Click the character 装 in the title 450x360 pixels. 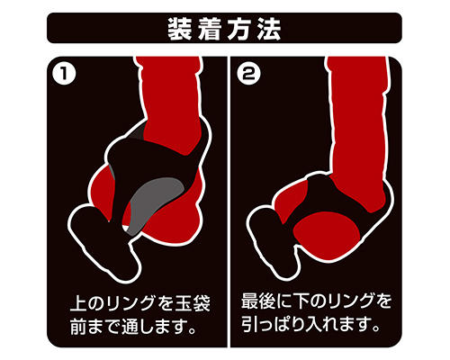(x=180, y=29)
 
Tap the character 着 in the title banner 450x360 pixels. (x=210, y=29)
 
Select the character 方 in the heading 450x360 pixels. (x=239, y=29)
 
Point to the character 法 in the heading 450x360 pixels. (x=269, y=29)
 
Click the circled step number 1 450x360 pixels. (x=63, y=73)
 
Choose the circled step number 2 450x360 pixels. (x=248, y=73)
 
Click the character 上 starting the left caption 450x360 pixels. (x=78, y=303)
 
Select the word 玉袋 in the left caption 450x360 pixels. (x=193, y=303)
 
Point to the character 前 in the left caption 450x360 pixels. (x=78, y=327)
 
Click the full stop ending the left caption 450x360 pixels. (x=193, y=331)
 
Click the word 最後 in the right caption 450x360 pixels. (x=258, y=301)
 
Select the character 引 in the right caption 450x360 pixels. (x=249, y=324)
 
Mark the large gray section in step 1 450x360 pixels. (x=156, y=201)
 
